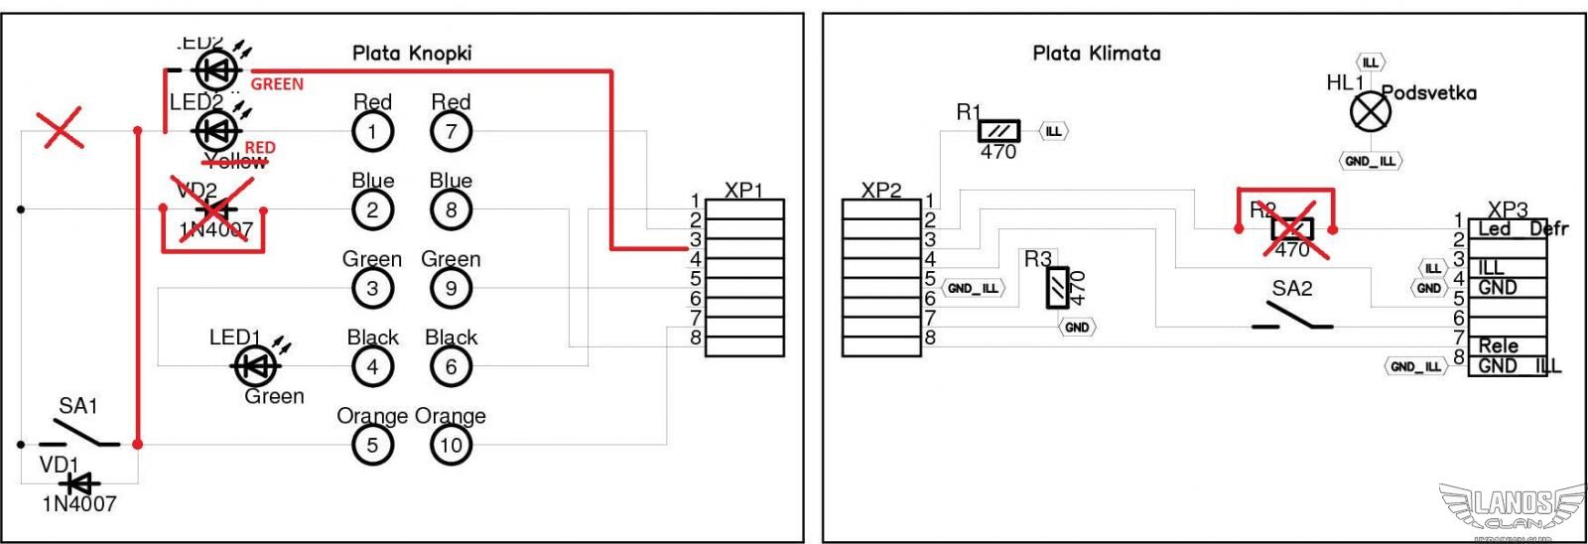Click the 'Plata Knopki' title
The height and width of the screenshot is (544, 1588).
click(412, 53)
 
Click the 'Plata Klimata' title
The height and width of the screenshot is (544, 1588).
click(1096, 53)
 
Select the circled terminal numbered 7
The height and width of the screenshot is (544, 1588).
click(451, 131)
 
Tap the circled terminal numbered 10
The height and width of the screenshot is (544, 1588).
click(451, 445)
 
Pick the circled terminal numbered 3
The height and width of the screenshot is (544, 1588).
click(372, 288)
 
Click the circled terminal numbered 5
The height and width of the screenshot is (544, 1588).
click(372, 445)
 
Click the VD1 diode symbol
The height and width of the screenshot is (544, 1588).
click(79, 483)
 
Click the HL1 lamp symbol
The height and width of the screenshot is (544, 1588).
click(1371, 111)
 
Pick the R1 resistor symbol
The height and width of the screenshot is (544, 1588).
click(998, 130)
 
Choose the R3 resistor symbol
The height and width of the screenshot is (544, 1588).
click(1058, 288)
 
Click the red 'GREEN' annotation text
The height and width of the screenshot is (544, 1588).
click(277, 84)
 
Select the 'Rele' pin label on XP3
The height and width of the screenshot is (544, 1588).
click(1498, 345)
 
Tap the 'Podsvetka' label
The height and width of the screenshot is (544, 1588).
click(1428, 93)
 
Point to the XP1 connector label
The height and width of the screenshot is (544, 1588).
click(743, 191)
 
